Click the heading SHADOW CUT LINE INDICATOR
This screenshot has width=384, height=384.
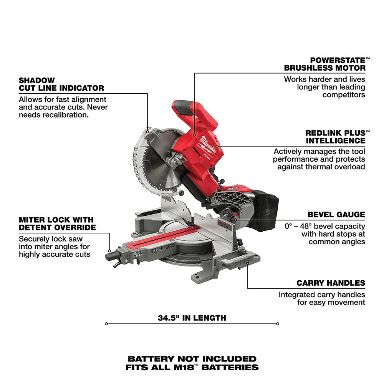pos(61,84)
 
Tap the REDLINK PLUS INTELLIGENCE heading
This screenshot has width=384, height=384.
pos(335,136)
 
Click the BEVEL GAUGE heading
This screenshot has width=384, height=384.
pos(336,215)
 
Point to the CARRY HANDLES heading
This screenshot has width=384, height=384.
pos(331,283)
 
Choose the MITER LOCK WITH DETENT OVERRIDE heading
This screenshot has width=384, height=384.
pos(56,223)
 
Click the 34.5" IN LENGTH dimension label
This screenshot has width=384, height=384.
pos(192,318)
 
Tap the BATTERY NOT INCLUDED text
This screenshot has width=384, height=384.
pos(192,359)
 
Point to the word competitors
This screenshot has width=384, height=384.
pos(344,94)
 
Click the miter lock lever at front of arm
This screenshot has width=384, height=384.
pos(110,254)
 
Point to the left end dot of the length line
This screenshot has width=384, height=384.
pos(106,323)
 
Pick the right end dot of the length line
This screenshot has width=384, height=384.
pos(278,323)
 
